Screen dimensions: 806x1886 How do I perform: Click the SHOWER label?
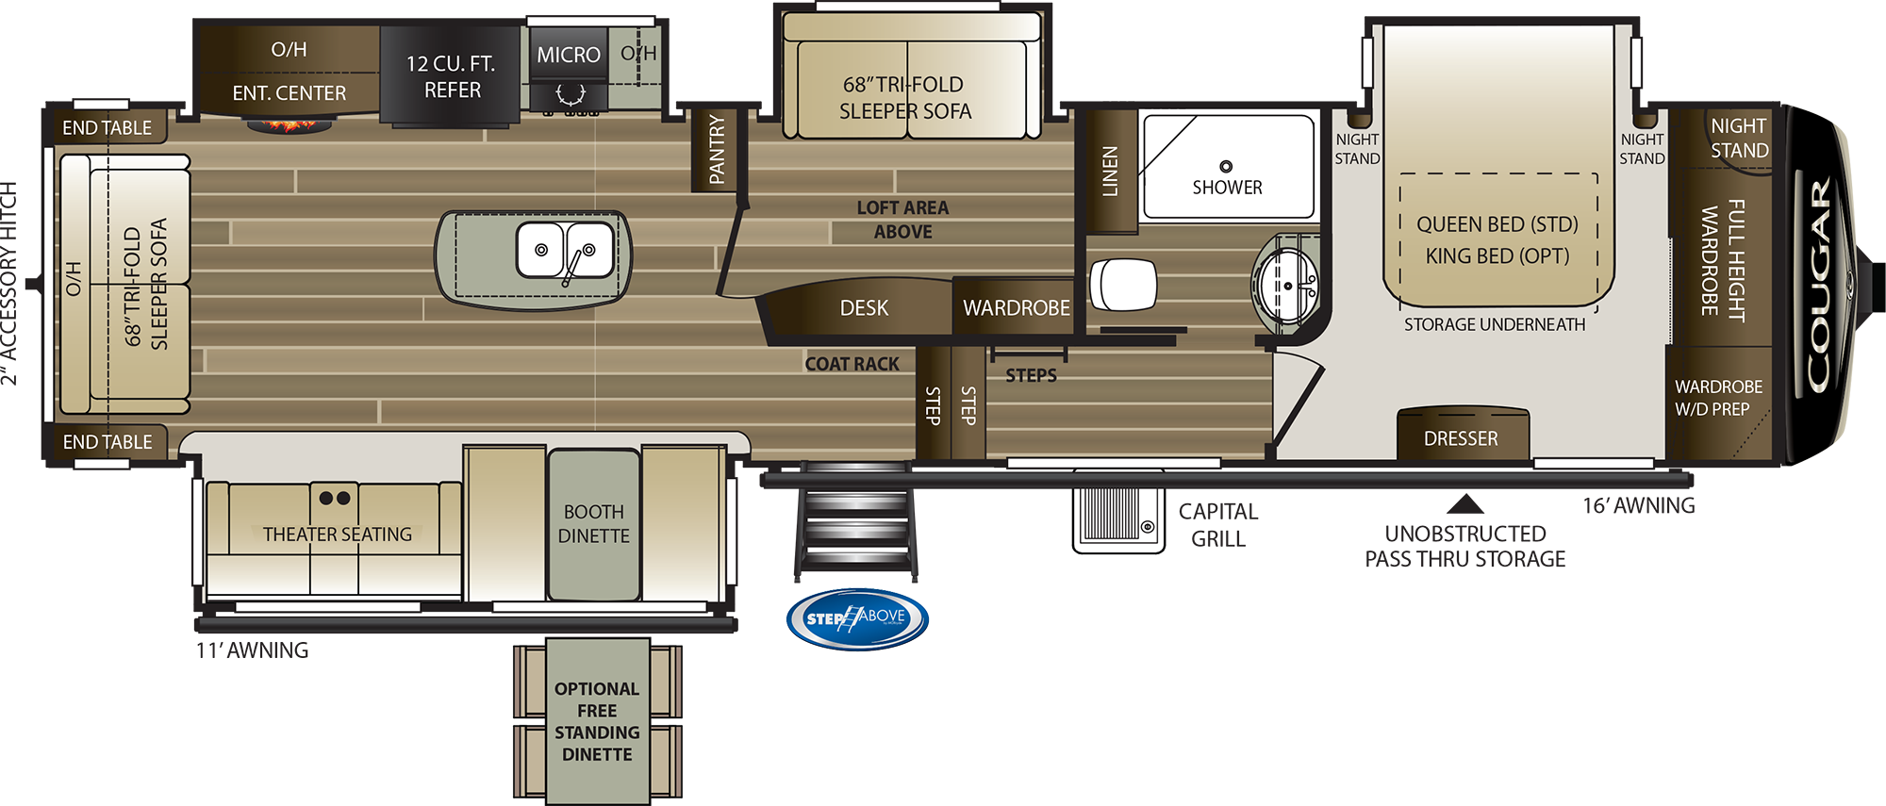[1227, 188]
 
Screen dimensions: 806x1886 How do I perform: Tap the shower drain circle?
[1226, 167]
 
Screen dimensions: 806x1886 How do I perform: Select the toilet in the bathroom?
[1122, 284]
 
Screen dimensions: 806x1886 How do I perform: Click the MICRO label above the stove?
[569, 56]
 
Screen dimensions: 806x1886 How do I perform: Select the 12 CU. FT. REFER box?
[451, 76]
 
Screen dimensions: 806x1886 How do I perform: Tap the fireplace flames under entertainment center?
[289, 124]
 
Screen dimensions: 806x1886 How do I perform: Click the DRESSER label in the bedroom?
[1461, 438]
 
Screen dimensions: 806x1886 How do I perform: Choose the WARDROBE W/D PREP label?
[1717, 398]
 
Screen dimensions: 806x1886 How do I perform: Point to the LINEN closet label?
[1110, 171]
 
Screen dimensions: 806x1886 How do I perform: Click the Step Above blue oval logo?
[857, 618]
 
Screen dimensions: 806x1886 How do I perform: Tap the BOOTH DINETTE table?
[593, 524]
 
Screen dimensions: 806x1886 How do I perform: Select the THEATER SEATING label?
[338, 535]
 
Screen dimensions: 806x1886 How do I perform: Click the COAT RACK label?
[852, 364]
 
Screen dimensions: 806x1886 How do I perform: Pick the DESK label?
[864, 308]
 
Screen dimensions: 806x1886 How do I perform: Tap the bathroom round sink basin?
[1285, 284]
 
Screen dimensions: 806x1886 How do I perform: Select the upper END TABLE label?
[107, 127]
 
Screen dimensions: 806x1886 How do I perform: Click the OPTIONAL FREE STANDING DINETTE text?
[597, 721]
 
